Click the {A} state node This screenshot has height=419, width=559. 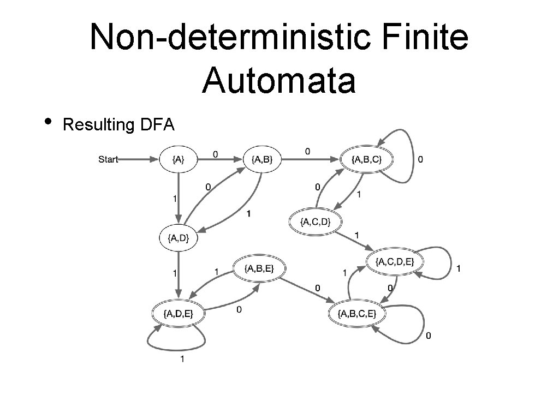pos(178,159)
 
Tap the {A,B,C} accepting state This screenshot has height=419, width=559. pos(366,159)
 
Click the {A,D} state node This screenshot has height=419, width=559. pos(178,237)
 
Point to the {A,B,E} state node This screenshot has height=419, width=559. pos(259,268)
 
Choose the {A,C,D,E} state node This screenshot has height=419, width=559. pos(394,262)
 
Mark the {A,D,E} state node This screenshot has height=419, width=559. pos(178,313)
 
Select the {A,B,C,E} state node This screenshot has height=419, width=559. pos(357,313)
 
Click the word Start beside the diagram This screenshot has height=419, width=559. pos(108,159)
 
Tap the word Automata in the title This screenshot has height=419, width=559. pos(278,81)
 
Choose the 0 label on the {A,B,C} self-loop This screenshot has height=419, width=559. pos(419,159)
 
